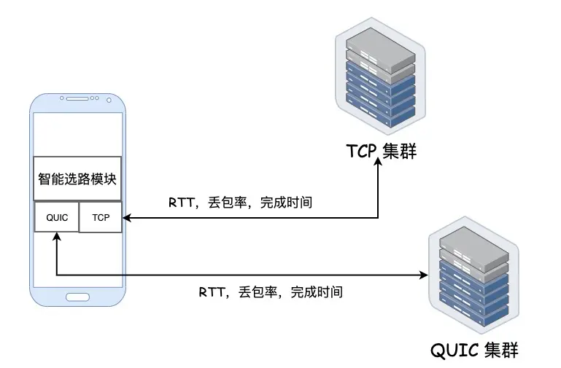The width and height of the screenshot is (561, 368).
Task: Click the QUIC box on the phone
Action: (x=56, y=216)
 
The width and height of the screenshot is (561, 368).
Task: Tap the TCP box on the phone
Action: (x=100, y=216)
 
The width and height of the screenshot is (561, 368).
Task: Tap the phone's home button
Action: (x=77, y=297)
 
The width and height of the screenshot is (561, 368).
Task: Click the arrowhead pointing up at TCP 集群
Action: (x=379, y=165)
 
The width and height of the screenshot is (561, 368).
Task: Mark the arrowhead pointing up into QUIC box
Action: (x=56, y=237)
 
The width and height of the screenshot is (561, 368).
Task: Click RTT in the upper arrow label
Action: (x=180, y=203)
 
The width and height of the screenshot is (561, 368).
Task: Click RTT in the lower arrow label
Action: (x=211, y=293)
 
